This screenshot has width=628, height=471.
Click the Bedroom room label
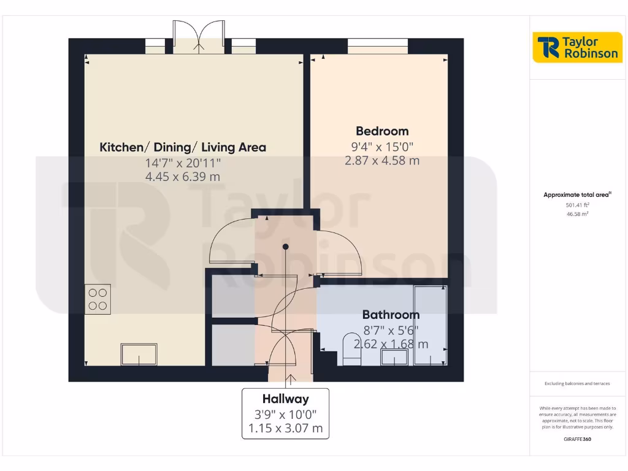coord(382,131)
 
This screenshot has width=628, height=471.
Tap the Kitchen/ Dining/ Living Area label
coord(183,147)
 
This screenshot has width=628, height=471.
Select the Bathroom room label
coord(391,315)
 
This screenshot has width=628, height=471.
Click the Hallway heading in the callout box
coord(285,399)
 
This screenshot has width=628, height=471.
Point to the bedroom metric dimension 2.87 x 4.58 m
coord(382,161)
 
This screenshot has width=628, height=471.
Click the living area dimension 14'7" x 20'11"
coord(183,163)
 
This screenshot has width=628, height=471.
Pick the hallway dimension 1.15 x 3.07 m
coord(285,428)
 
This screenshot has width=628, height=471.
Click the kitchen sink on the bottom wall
coord(139,354)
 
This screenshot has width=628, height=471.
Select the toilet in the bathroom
coord(352,350)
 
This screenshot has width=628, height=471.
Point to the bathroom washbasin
coord(394,357)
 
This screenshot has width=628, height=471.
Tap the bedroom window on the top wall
coord(378,44)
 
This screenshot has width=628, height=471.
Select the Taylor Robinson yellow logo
coord(577,47)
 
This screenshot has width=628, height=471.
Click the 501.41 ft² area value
coord(577,205)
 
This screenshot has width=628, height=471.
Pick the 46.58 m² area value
coord(577,214)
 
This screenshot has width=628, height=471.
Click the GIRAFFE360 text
coord(577,439)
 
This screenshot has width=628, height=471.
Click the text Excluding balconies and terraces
coord(577,384)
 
